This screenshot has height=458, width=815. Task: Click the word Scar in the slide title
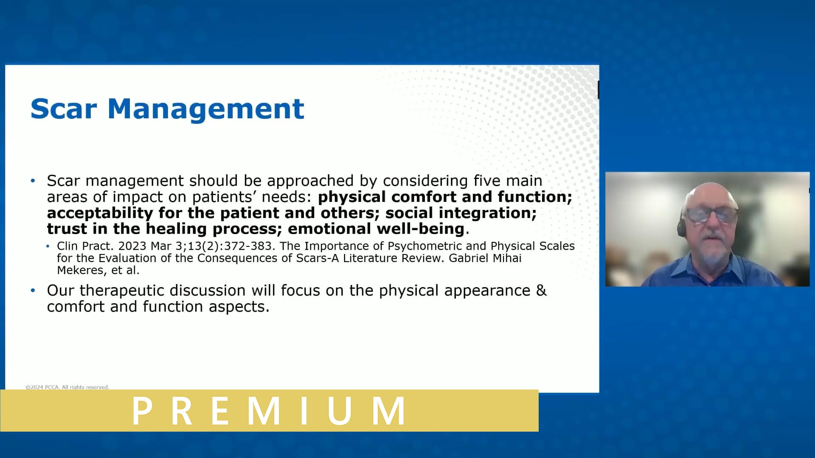click(x=64, y=109)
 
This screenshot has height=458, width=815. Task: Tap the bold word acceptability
click(x=100, y=213)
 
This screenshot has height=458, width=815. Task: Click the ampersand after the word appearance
click(x=541, y=290)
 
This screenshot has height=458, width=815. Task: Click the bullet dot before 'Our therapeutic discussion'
click(x=33, y=290)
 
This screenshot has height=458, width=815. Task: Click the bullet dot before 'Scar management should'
click(x=33, y=181)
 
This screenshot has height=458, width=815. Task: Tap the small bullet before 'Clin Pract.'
click(x=48, y=246)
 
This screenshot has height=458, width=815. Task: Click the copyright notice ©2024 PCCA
click(x=67, y=387)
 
